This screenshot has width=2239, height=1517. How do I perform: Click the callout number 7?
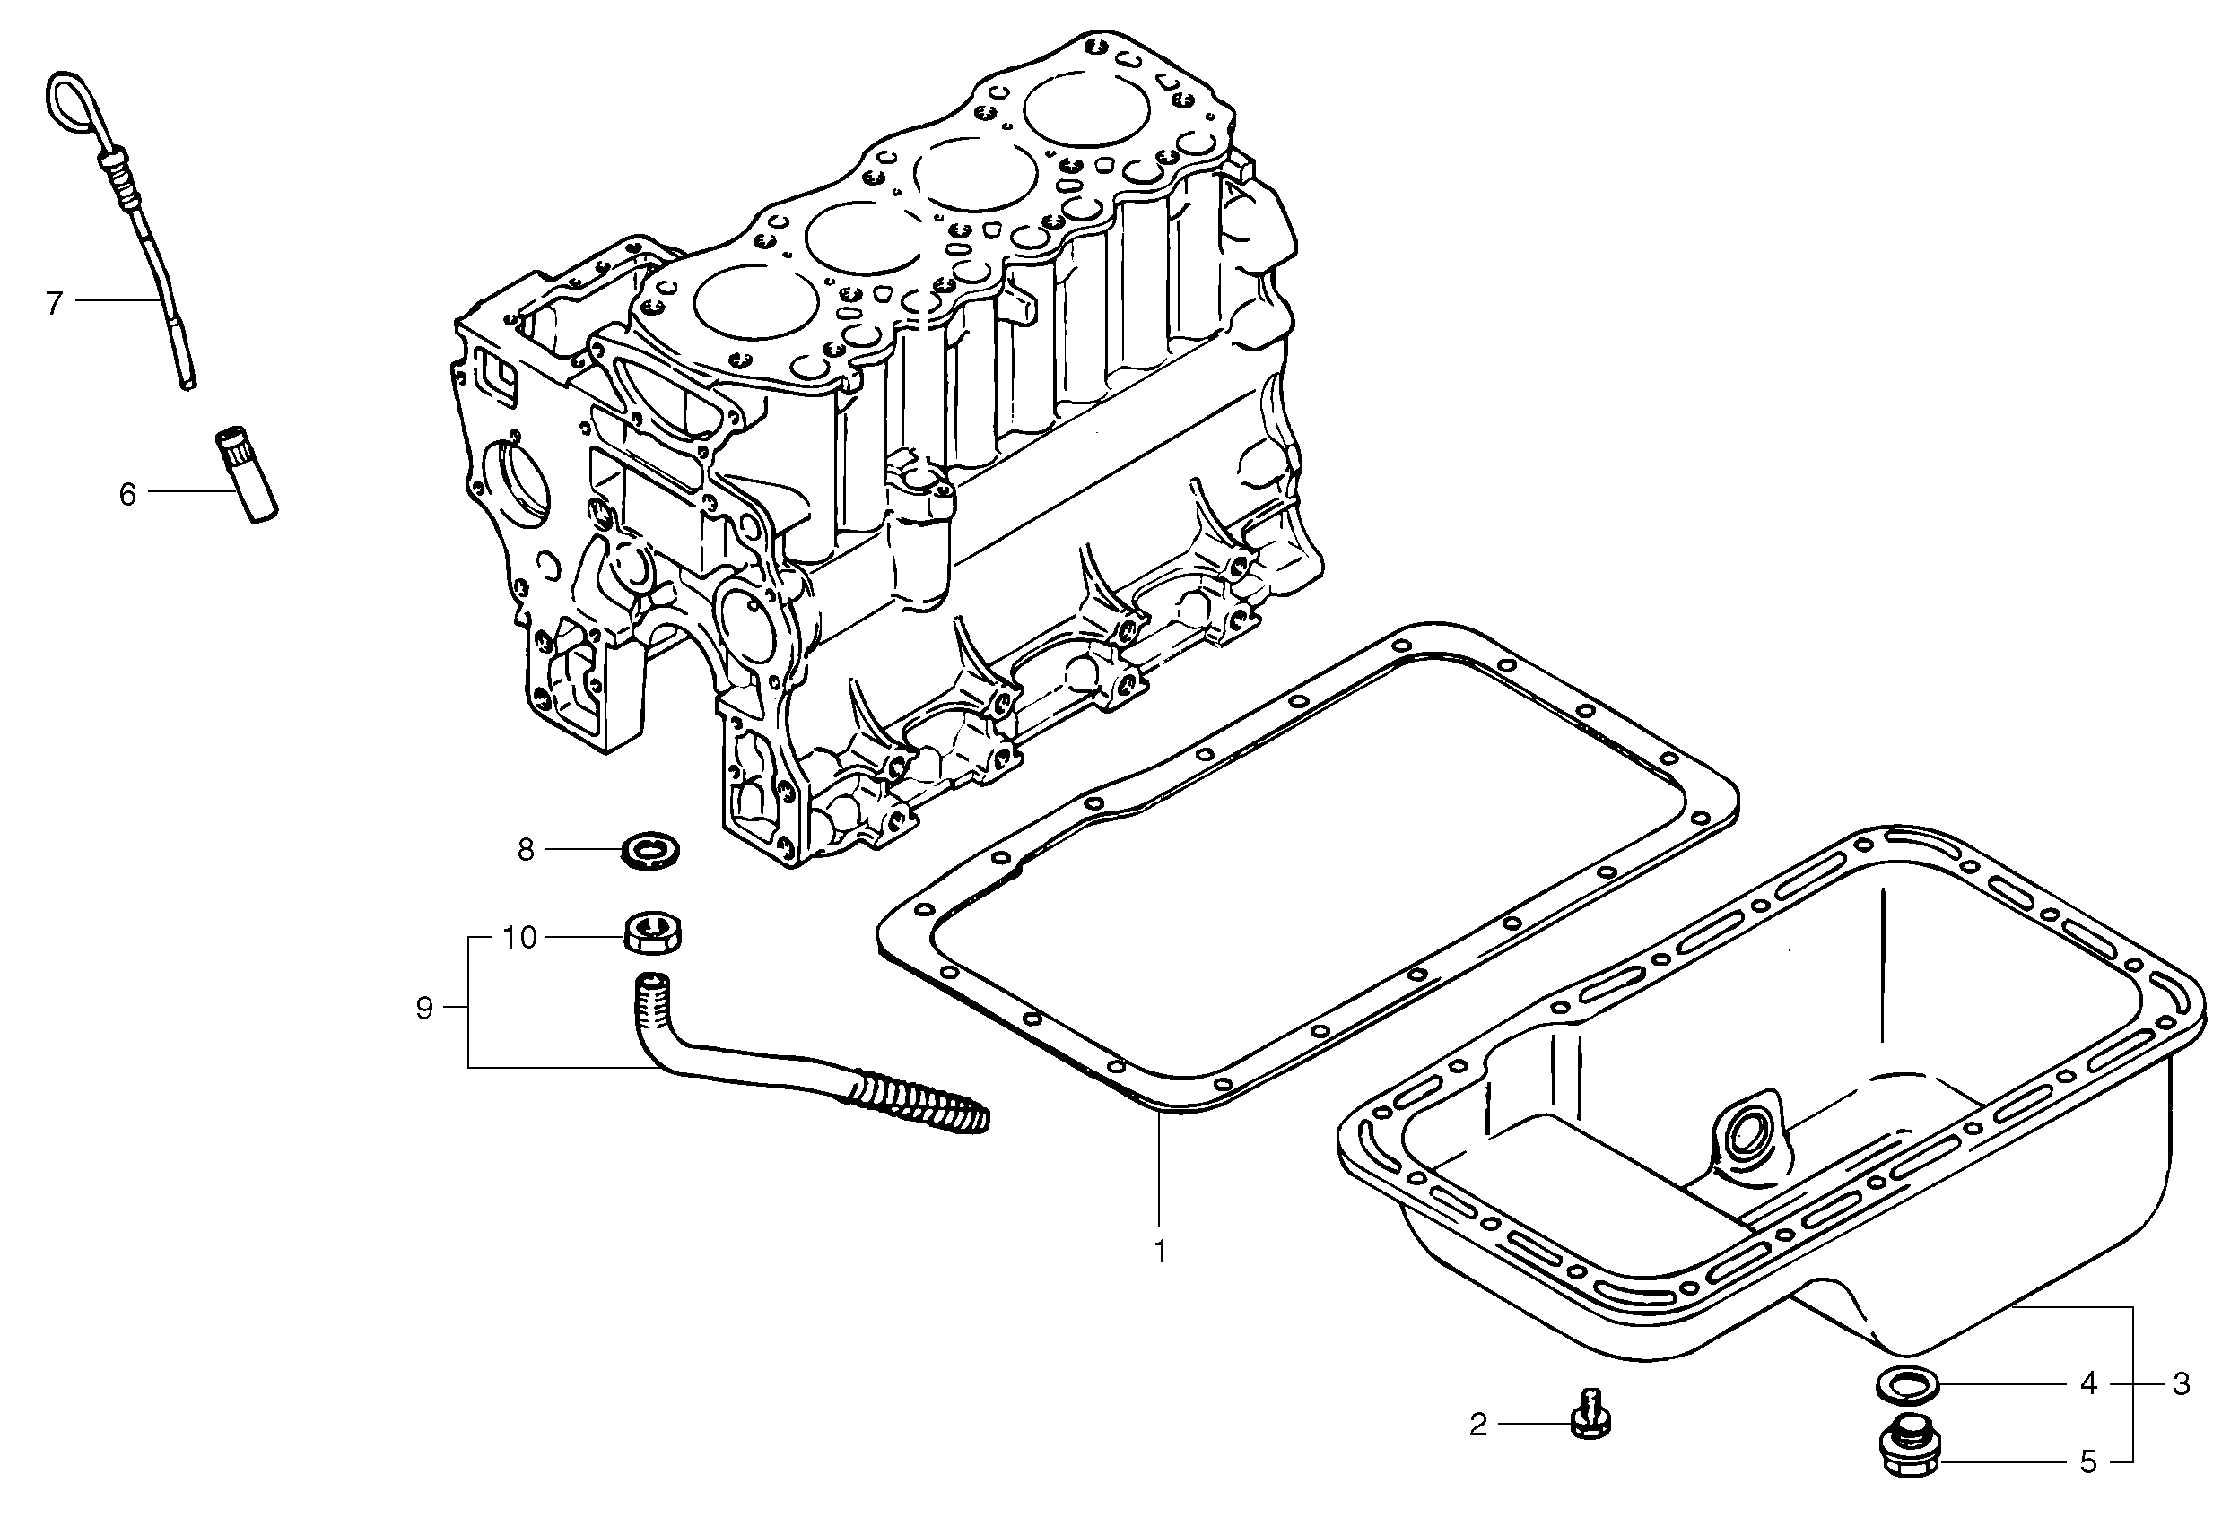(x=54, y=303)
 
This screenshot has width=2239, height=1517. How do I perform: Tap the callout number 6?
(x=127, y=495)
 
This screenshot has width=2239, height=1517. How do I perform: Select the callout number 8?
(x=525, y=850)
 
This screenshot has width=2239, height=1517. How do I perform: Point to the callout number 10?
(x=519, y=938)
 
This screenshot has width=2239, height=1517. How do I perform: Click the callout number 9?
(x=424, y=1010)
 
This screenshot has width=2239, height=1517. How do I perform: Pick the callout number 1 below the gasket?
(x=1160, y=1253)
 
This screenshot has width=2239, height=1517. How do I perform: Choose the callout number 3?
(x=2182, y=1385)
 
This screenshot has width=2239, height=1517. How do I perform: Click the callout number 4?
(x=2087, y=1385)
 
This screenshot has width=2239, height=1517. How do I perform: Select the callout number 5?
(x=2087, y=1463)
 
